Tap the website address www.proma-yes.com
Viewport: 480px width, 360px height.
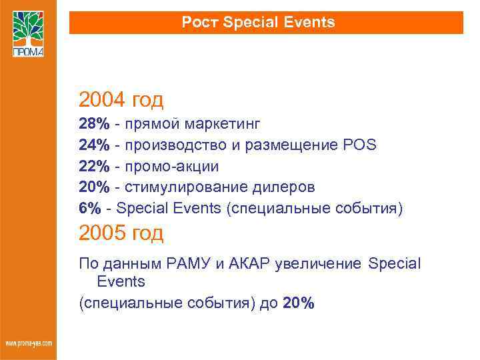28,343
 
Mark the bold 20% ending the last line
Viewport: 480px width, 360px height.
299,303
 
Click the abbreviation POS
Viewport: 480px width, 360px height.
361,145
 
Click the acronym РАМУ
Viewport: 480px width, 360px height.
193,263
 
